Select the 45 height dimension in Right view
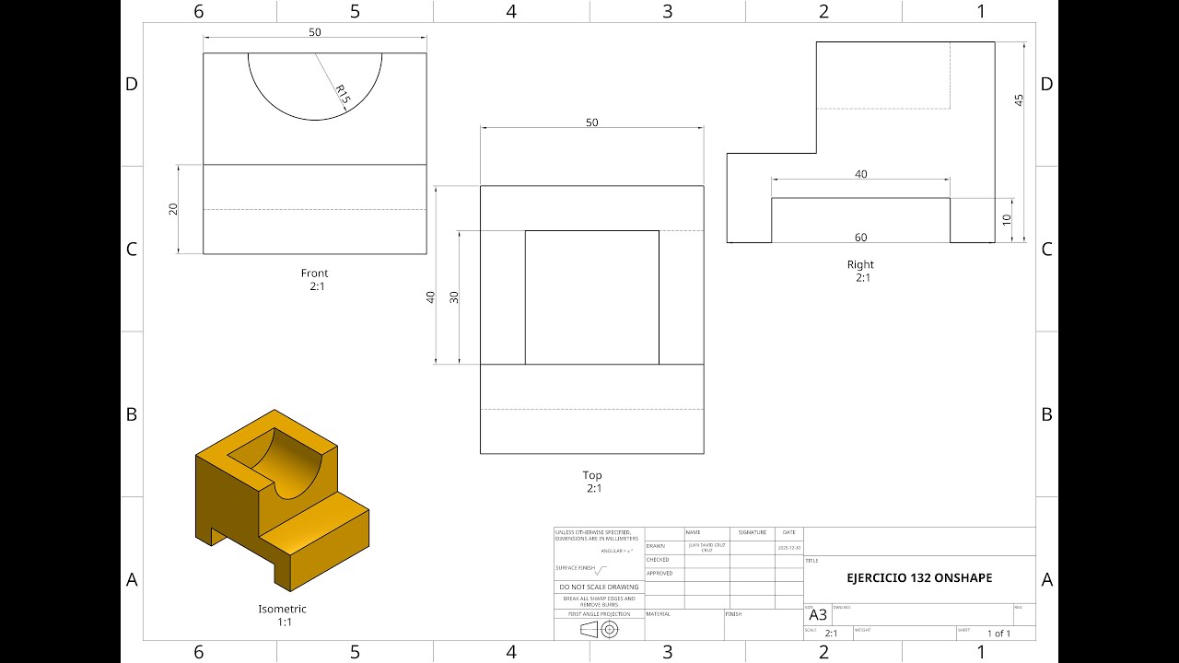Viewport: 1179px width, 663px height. pos(1019,100)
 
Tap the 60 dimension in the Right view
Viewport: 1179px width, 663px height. pos(860,238)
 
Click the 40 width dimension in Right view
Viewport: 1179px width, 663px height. pos(860,174)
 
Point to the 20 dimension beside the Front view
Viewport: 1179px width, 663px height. pos(173,209)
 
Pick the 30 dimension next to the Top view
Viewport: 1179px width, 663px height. pos(453,297)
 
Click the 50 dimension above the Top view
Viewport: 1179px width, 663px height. pos(591,122)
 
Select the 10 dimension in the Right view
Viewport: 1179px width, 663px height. pos(1007,220)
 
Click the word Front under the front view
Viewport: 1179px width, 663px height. pos(314,273)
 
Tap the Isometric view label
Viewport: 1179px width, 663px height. pos(282,609)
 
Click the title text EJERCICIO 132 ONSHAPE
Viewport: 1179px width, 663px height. pos(919,578)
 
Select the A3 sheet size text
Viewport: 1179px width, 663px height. pos(818,615)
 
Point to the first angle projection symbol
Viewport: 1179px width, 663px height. pos(599,630)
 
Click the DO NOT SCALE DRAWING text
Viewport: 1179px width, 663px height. pos(599,587)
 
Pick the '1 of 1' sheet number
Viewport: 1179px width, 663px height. pos(998,634)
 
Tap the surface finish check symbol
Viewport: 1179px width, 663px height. pos(601,570)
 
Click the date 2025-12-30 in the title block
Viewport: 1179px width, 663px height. pos(788,547)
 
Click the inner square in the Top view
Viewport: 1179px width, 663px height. pos(591,297)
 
